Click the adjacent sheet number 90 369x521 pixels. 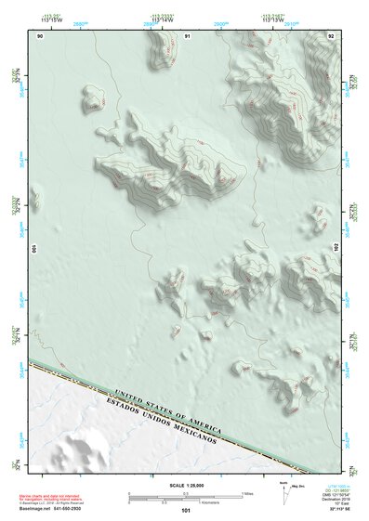click(x=40, y=35)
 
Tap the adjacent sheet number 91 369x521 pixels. click(x=187, y=35)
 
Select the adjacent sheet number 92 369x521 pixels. click(x=331, y=35)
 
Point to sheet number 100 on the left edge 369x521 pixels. click(x=35, y=250)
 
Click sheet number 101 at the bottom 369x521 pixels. click(x=186, y=511)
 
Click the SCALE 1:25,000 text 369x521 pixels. click(x=186, y=485)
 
